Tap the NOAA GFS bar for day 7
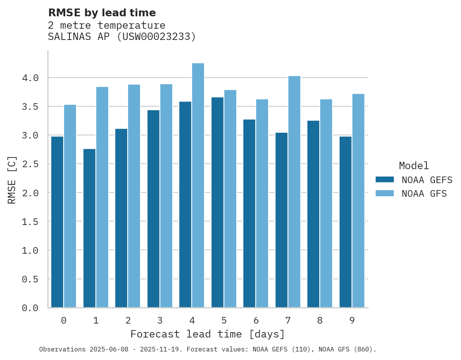294,192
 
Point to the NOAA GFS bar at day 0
70,206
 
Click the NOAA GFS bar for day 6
262,203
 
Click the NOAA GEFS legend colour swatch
385,180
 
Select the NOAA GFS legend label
424,194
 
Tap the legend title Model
414,166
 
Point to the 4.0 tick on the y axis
30,78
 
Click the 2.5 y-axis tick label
30,164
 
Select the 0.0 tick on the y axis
30,308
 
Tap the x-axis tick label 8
320,320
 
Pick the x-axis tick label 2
128,320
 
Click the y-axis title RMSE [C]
12,180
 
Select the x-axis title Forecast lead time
207,334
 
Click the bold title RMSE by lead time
102,13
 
